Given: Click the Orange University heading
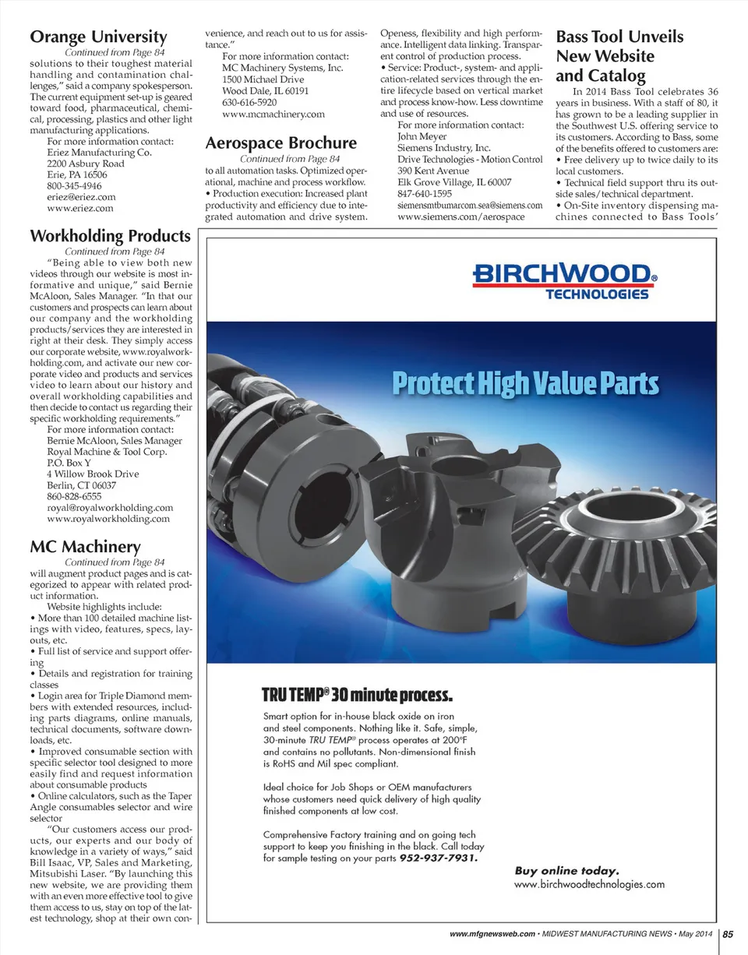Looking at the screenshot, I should point(98,37).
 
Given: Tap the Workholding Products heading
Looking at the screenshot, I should point(109,235).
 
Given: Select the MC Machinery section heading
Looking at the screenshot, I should point(85,546).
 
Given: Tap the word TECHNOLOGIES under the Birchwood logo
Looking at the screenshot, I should point(597,294).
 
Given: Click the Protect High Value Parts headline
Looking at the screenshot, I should point(524,384).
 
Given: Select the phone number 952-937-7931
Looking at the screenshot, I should point(439,858).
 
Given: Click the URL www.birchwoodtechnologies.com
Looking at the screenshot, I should point(589,884).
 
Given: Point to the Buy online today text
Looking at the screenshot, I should point(566,870).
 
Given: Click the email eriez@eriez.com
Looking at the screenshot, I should point(81,197).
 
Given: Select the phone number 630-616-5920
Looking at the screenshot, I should point(249,102).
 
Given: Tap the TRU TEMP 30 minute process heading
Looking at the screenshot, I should point(356,693).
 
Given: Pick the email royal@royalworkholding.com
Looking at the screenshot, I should point(110,507).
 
